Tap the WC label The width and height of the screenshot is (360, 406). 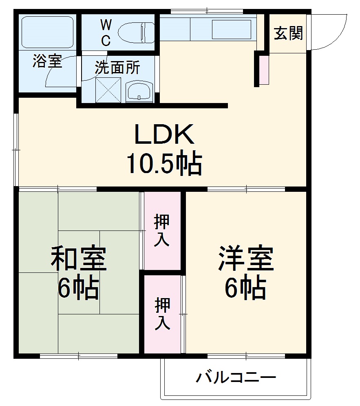click(106, 33)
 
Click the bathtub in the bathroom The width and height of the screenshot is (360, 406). click(47, 31)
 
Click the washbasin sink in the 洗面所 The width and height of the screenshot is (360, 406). click(139, 90)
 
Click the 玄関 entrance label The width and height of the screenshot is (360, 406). click(288, 33)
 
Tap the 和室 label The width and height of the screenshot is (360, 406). click(78, 260)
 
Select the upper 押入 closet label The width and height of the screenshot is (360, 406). click(162, 231)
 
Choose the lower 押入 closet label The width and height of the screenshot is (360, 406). click(162, 313)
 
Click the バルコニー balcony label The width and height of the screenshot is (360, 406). click(236, 377)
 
